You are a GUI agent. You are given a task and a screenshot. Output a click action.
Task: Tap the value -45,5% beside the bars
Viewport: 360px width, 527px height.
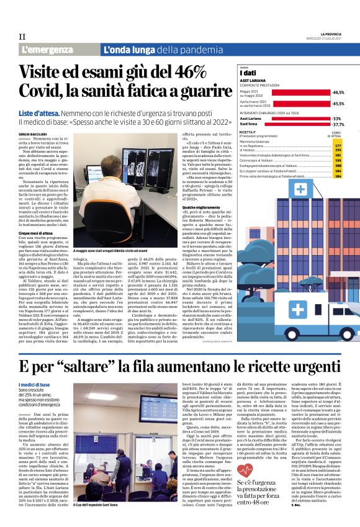pos(338,104)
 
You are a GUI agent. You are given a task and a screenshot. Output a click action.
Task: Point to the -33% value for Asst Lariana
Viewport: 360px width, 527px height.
pos(337,118)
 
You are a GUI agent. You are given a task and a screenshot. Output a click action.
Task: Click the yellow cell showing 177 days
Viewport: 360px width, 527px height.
pos(338,145)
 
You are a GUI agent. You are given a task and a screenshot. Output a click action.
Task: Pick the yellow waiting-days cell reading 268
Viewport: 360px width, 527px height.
pos(338,166)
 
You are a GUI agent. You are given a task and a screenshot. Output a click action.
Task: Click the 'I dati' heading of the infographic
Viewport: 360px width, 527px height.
pos(248,74)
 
